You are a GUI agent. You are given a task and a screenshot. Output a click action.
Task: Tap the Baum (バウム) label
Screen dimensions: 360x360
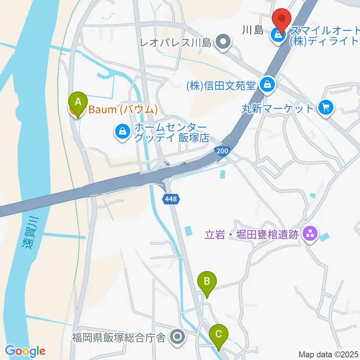122,109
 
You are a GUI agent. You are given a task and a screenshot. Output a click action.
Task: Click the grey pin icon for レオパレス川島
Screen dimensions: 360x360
224,42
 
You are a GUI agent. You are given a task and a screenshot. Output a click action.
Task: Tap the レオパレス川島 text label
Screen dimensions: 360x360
175,42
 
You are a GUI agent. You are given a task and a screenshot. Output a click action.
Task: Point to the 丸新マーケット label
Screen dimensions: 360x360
277,109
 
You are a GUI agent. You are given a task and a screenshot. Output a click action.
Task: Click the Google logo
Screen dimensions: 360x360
25,351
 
